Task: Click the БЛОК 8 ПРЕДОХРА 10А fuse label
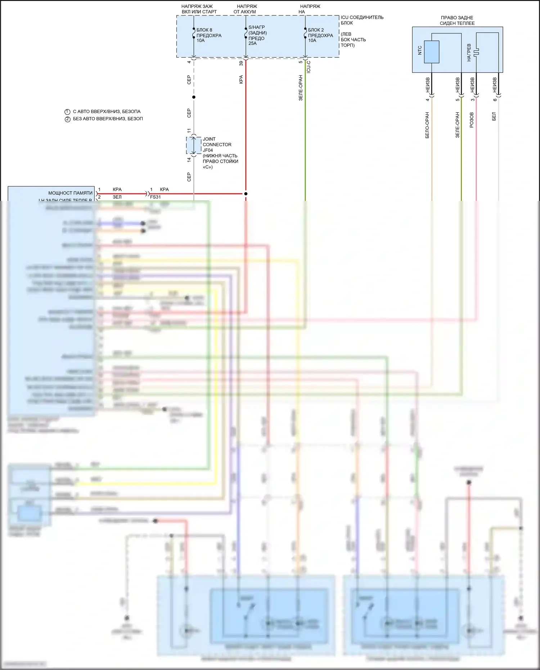point(208,35)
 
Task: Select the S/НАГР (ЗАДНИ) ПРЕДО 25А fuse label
point(257,35)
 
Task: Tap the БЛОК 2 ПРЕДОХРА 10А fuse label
point(320,35)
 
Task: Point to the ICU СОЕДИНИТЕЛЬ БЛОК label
point(361,20)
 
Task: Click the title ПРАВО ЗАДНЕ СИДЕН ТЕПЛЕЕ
point(457,21)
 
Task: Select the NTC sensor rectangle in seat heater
point(431,52)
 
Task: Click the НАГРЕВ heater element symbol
point(476,52)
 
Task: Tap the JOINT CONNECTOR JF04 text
point(217,144)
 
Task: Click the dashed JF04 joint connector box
point(193,145)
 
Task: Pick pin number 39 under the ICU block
point(241,63)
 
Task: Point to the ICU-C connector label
point(309,67)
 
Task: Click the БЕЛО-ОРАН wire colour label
point(427,125)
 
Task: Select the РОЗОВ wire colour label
point(472,120)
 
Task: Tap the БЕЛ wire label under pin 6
point(494,116)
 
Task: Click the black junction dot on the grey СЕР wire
point(194,97)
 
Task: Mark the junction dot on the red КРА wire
point(246,194)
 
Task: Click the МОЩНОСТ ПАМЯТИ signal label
point(70,193)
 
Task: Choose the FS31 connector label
point(155,197)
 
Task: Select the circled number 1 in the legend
point(67,112)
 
